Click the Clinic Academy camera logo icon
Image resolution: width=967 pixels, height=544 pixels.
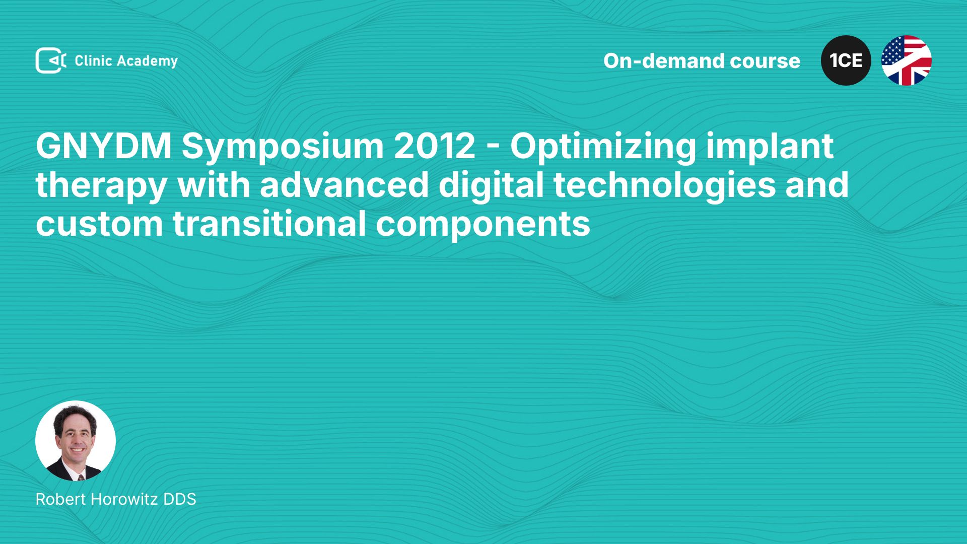click(50, 60)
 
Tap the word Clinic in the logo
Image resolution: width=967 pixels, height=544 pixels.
click(93, 60)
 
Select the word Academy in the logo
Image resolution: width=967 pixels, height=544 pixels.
click(147, 61)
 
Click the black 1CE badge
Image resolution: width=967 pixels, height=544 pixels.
click(846, 60)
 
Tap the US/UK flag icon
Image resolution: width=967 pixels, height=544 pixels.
click(906, 60)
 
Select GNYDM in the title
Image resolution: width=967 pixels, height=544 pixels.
click(104, 146)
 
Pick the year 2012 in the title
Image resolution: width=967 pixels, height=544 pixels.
click(435, 146)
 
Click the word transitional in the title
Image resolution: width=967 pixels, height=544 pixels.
click(269, 224)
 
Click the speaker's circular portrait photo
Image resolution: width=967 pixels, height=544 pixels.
click(76, 441)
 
